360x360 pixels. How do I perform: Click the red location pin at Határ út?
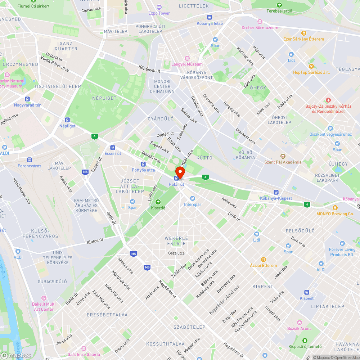point(179,172)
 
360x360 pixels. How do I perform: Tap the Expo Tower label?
point(159,13)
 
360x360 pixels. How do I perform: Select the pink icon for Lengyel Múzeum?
point(187,58)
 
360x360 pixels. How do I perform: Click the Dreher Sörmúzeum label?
point(260,28)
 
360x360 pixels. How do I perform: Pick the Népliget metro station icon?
point(67,120)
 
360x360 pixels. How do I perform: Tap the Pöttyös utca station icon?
point(143,164)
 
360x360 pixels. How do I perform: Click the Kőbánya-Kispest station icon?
point(276,192)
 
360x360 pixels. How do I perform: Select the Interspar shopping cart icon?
point(192,198)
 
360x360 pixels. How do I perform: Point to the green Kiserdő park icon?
point(158,202)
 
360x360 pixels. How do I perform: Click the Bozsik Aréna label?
point(299,328)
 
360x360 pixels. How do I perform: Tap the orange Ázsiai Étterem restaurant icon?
point(264,259)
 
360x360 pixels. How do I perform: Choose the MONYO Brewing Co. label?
point(335,213)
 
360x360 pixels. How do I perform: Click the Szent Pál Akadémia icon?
point(283,156)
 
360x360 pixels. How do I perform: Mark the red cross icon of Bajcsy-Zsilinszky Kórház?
point(328,100)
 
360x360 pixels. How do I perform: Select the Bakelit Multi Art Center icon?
point(44,298)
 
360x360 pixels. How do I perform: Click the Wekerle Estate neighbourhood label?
point(175,241)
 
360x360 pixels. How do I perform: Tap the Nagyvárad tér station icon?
point(27,99)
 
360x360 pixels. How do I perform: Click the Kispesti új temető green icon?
point(305,340)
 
